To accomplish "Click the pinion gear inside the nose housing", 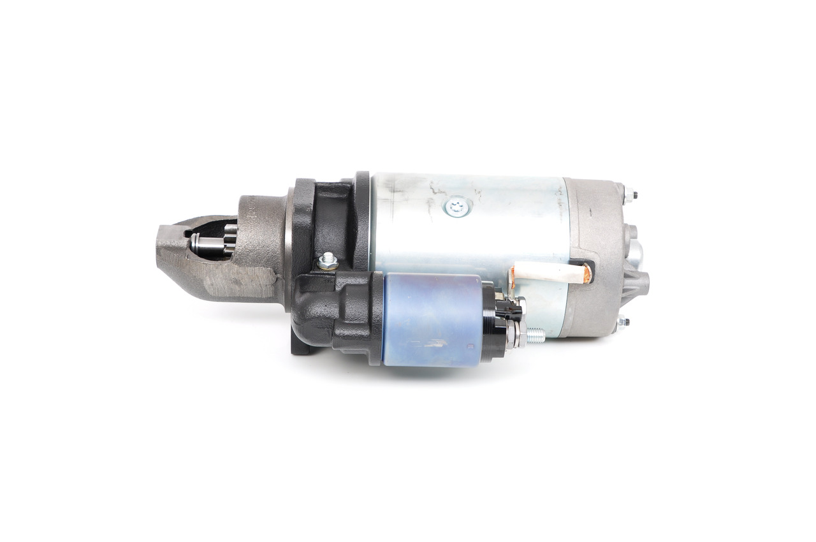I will [x=228, y=242].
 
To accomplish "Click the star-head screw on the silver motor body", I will [x=456, y=205].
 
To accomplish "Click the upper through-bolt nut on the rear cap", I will [x=629, y=194].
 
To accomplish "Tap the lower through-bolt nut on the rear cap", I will [x=622, y=321].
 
